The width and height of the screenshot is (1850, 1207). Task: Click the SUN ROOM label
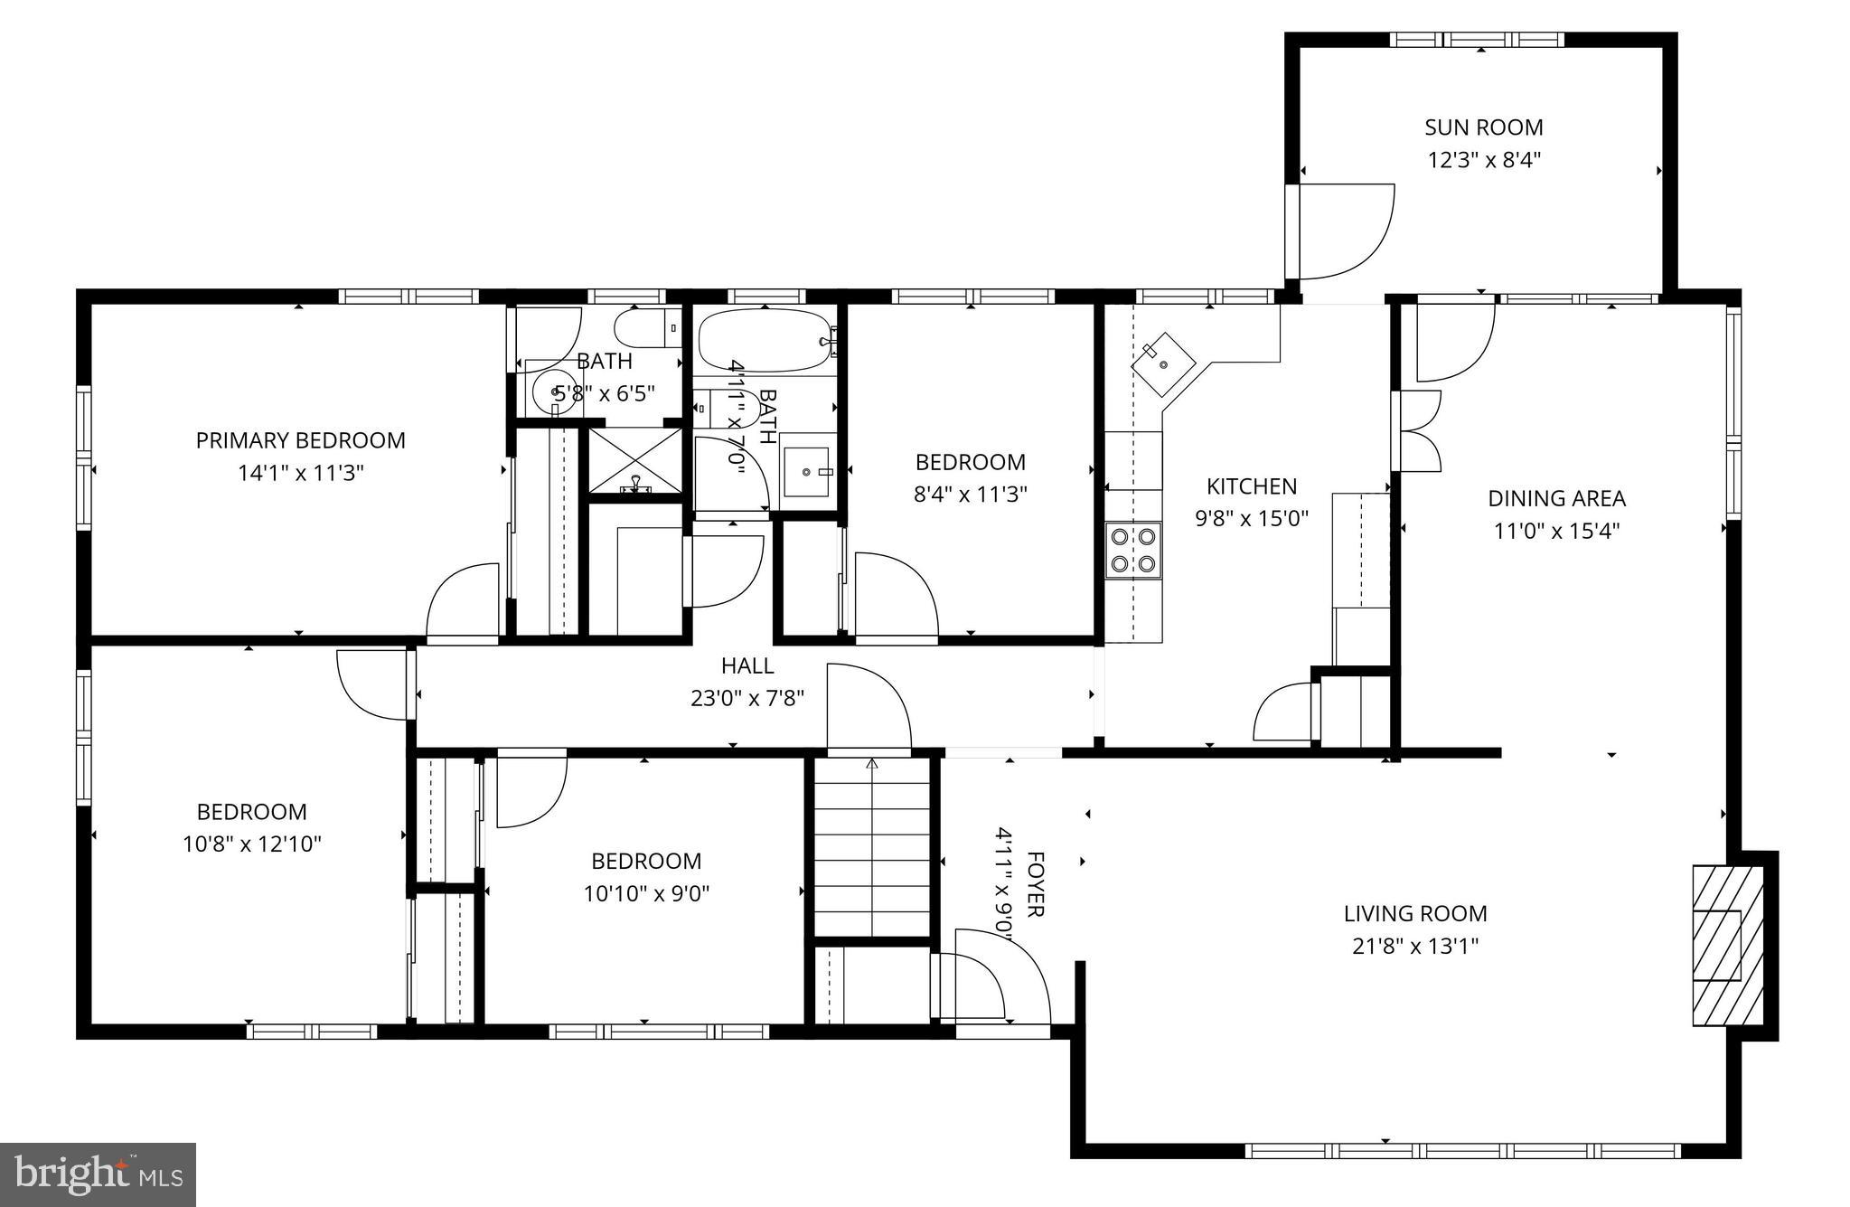(x=1483, y=127)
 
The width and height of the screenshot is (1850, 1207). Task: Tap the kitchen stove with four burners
(x=1133, y=550)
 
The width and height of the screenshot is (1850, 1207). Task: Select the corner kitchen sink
(x=1163, y=364)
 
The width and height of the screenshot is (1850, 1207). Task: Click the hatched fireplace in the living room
(x=1727, y=946)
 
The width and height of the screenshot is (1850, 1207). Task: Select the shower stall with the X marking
(x=635, y=461)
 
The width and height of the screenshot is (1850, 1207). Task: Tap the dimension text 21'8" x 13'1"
(x=1414, y=947)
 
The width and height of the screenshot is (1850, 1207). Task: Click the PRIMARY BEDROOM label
(x=300, y=440)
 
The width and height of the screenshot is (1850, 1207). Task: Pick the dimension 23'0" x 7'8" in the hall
(x=747, y=698)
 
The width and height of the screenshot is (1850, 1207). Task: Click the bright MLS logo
(x=99, y=1174)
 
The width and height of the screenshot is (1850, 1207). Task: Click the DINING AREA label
(x=1556, y=498)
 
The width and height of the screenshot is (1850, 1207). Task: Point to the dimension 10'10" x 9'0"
(x=646, y=894)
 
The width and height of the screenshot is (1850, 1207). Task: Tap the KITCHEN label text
(x=1252, y=486)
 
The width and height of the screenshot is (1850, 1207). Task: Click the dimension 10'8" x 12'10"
(x=252, y=844)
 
